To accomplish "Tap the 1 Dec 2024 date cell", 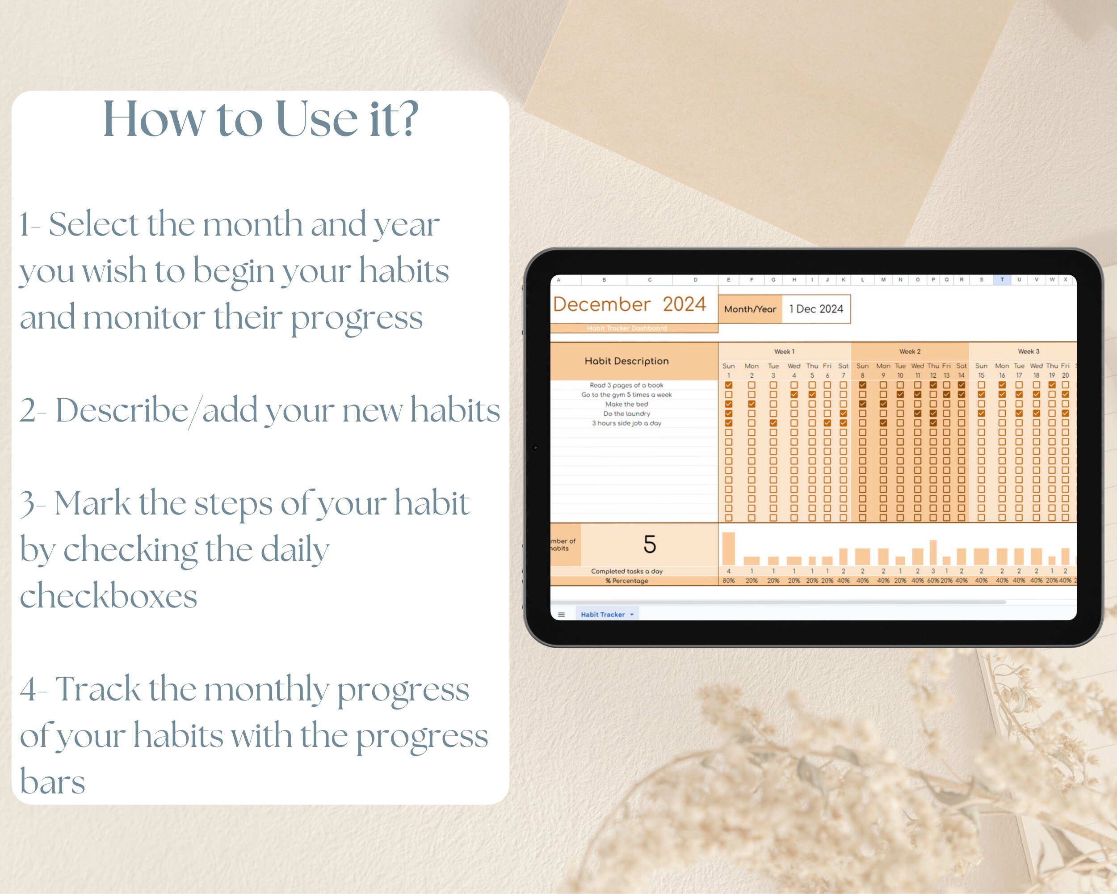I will (x=816, y=309).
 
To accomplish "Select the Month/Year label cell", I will (x=750, y=309).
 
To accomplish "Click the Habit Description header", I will (x=626, y=361).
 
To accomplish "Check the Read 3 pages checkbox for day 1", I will (x=728, y=385).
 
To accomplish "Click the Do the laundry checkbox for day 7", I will (x=844, y=413).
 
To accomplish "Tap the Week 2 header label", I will (x=910, y=351).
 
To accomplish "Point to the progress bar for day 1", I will (x=728, y=548).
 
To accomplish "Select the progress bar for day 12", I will (x=933, y=552).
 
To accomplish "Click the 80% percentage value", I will (x=728, y=581).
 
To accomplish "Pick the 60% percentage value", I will (x=933, y=581).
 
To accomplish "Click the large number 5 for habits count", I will (x=650, y=544).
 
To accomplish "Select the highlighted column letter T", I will (x=1002, y=280).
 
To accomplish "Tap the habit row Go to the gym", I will (x=626, y=394).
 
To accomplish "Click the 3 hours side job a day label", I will (x=626, y=423).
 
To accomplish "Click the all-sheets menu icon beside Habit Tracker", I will (x=561, y=615).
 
